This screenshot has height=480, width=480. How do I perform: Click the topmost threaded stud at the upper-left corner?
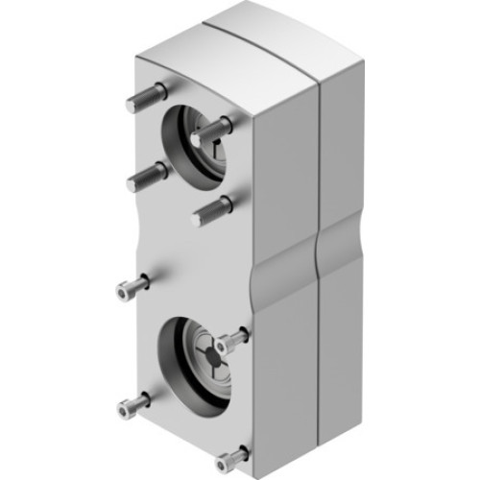click(147, 97)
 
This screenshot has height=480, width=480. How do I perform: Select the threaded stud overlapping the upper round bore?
click(213, 131)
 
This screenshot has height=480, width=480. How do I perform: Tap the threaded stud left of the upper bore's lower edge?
click(147, 176)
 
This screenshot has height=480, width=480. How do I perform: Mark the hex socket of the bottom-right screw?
click(224, 460)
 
